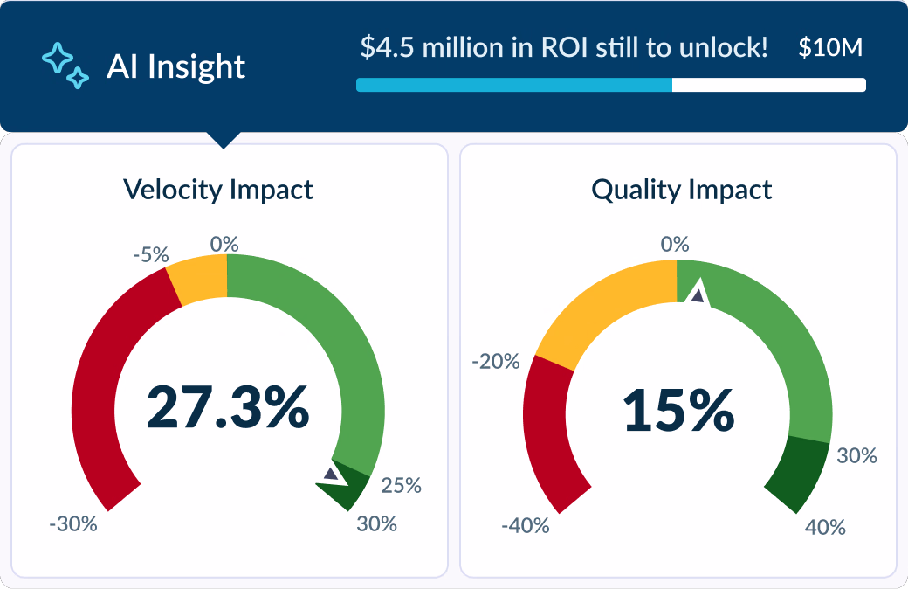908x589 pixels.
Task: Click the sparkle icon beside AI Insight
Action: coord(65,66)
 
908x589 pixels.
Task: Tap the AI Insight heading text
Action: coord(175,66)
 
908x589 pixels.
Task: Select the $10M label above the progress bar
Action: coord(830,47)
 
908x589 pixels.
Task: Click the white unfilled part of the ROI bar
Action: coord(768,85)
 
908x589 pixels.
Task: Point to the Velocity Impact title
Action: coord(218,189)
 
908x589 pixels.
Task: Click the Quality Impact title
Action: coord(682,190)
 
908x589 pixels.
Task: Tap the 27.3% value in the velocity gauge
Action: coord(227,406)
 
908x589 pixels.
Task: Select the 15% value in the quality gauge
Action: coord(678,411)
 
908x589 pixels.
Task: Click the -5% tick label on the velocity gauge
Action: coord(150,255)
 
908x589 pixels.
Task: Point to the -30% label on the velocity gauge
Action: coord(72,524)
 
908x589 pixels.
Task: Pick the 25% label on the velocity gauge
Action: coord(402,485)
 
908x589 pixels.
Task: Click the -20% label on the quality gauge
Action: coord(496,361)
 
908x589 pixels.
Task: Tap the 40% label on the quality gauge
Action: coord(825,527)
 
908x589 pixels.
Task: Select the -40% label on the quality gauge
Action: coord(525,526)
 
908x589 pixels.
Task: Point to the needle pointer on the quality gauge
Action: coord(698,295)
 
